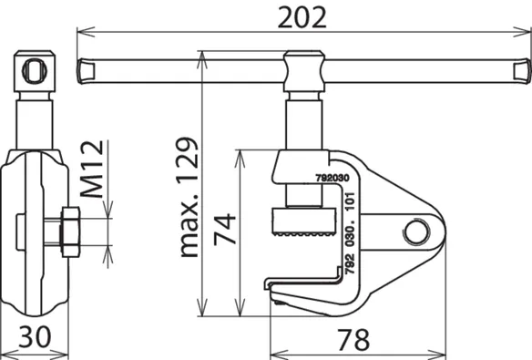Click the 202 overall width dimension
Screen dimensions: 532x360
[302, 17]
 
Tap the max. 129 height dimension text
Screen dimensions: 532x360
[189, 197]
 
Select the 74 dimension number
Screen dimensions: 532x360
[225, 229]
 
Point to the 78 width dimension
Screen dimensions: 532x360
[353, 339]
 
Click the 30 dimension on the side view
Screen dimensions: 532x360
[35, 337]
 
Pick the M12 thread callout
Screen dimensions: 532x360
[92, 169]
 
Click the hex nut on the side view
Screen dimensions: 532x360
[70, 232]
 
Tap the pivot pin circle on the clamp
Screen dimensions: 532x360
[416, 231]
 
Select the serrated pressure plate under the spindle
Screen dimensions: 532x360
[303, 222]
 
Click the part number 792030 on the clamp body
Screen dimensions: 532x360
[332, 179]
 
